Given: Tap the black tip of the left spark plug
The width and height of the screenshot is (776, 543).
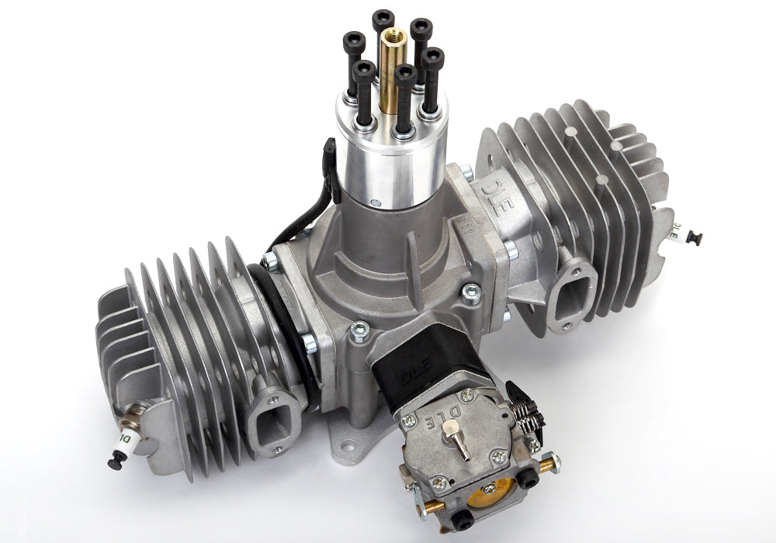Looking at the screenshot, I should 116,462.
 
